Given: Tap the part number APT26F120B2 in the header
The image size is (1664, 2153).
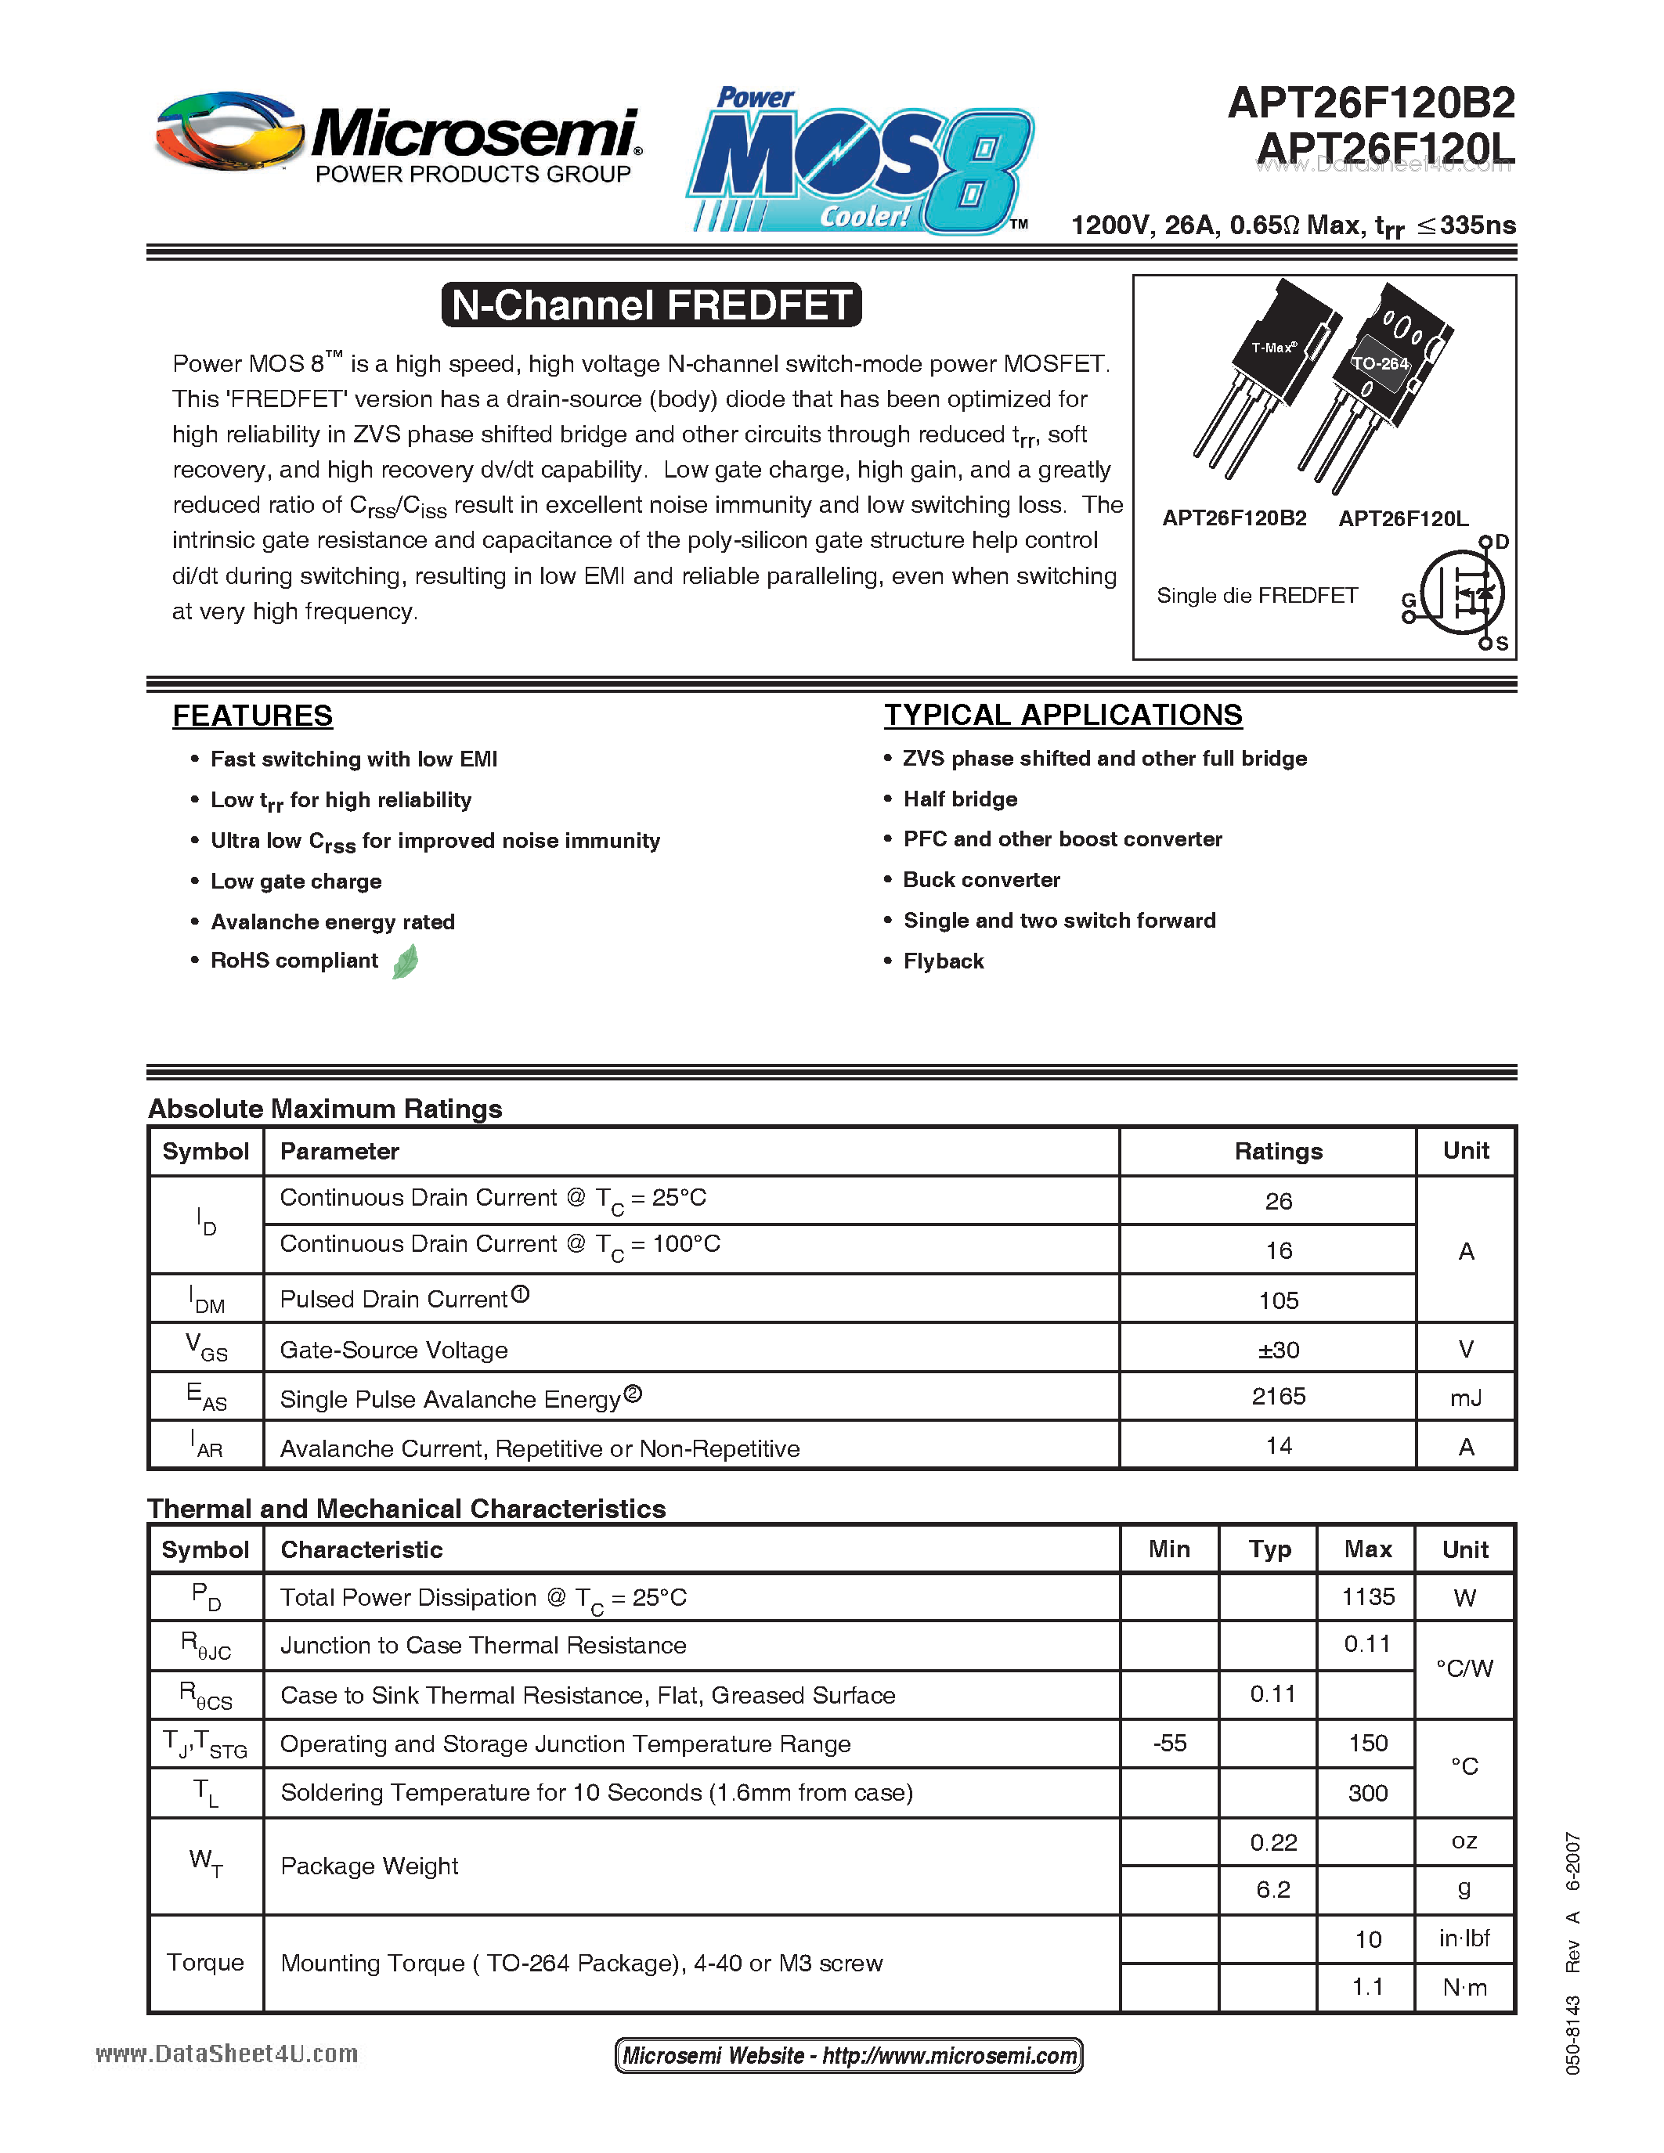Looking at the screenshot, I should click(1370, 103).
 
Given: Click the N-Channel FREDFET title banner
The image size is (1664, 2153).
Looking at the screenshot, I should click(652, 305).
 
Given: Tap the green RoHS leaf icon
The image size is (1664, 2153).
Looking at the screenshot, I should click(405, 961).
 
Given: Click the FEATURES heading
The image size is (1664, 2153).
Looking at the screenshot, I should click(252, 716).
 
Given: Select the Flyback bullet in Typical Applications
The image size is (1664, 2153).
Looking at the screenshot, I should click(944, 961).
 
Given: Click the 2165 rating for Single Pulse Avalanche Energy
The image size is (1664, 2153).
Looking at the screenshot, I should click(1278, 1396).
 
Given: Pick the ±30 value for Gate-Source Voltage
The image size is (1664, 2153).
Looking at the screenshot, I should click(1278, 1350).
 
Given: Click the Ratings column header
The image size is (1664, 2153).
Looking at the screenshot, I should click(1278, 1152).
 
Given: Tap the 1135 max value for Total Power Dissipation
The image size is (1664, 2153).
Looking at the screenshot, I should click(1367, 1597).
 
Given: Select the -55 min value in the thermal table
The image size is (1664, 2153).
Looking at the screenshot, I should click(1169, 1743).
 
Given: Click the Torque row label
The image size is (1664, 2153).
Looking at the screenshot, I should click(205, 1962).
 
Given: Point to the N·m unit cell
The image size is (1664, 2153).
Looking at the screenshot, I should click(1464, 1987).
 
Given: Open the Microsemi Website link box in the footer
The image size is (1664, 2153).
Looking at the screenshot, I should click(849, 2055).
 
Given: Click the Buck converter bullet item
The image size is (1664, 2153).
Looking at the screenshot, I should click(981, 879).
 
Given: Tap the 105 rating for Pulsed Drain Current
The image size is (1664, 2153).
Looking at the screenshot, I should click(1278, 1300).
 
